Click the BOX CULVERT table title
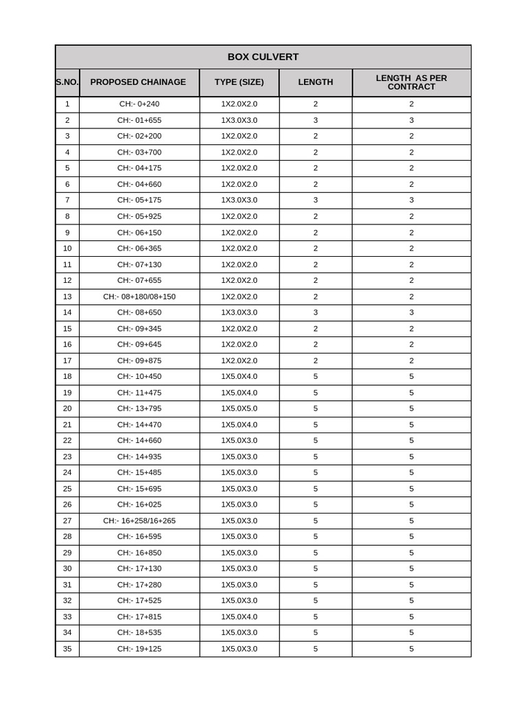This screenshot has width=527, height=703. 263,57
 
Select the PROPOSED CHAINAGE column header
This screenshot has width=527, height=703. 138,82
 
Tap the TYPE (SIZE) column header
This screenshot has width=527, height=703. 239,82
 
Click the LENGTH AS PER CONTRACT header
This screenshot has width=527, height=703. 411,82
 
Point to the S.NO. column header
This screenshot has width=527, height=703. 67,82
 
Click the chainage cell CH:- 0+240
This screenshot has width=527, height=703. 139,104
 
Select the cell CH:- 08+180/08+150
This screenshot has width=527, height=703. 139,297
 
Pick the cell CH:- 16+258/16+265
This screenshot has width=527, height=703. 139,521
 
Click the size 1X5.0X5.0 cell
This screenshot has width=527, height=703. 239,408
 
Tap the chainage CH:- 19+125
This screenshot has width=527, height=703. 139,649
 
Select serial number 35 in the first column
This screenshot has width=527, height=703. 67,649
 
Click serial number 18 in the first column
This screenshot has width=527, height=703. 67,376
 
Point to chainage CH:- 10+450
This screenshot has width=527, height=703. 139,376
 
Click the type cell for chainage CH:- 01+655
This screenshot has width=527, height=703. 239,120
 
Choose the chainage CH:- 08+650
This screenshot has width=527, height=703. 139,312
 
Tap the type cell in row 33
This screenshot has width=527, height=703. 239,616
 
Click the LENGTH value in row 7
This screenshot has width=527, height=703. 316,200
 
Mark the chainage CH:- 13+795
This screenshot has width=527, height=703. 139,408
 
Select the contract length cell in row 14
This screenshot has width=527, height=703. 411,312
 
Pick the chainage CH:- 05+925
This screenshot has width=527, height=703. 139,216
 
